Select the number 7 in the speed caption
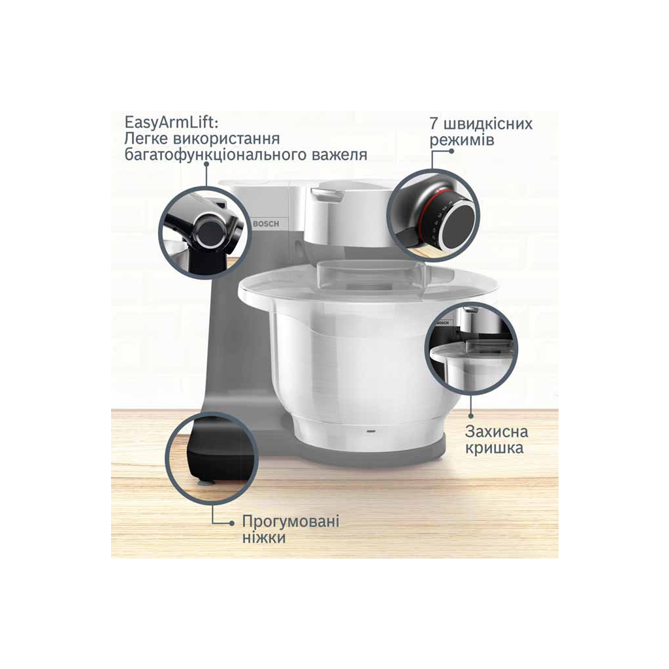tap(434, 123)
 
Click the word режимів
tap(462, 140)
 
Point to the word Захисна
tap(497, 431)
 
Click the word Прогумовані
tap(291, 521)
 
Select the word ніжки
tap(264, 537)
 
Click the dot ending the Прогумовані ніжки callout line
tap(232, 523)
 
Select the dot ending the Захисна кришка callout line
tap(471, 415)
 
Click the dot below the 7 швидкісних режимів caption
tap(452, 151)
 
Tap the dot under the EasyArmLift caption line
tap(206, 163)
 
